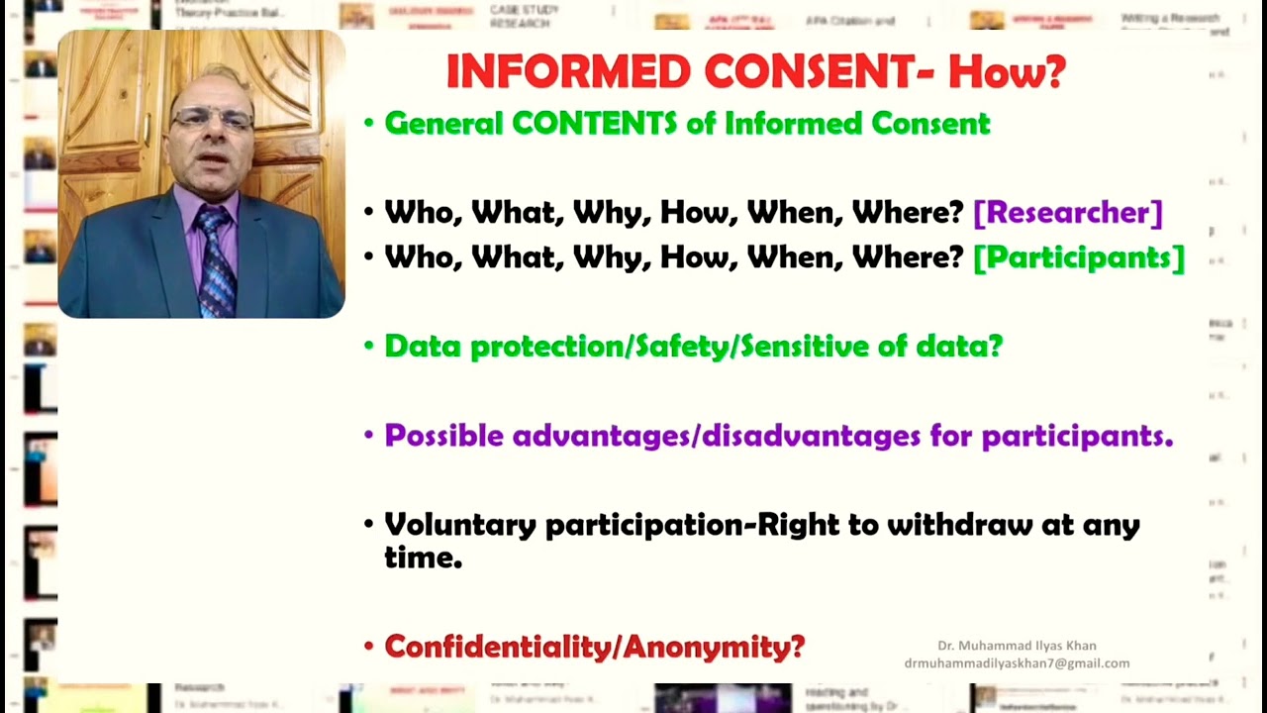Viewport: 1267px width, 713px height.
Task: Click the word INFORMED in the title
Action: [x=567, y=71]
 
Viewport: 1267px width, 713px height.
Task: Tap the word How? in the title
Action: [x=1007, y=71]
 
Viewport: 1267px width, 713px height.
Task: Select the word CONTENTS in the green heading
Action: [x=594, y=124]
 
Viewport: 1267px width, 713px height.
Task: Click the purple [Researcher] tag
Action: [x=1067, y=212]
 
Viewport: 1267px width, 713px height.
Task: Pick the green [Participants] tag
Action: [x=1078, y=257]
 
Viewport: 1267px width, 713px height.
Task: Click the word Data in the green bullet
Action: [x=423, y=346]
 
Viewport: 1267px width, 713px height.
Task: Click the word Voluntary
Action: [x=460, y=525]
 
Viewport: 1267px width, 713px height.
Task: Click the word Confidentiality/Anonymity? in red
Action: [x=594, y=647]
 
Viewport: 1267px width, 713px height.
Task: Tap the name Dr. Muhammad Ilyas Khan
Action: [x=1017, y=646]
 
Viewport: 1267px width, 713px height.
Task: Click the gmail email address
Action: [x=1017, y=663]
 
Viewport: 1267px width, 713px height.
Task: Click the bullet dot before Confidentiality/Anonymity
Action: [x=368, y=648]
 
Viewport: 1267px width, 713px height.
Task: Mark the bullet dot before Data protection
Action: [x=368, y=347]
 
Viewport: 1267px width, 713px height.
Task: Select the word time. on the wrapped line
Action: [x=423, y=558]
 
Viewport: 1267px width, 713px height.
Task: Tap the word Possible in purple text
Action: [x=443, y=436]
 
